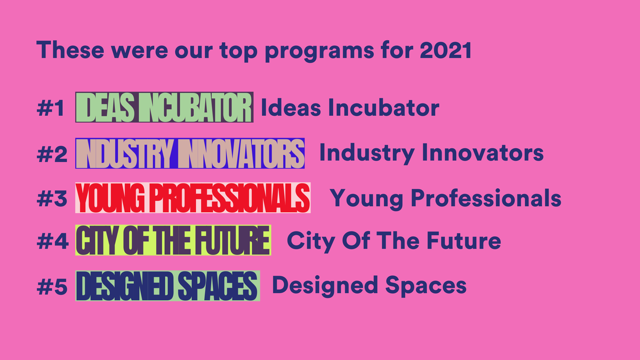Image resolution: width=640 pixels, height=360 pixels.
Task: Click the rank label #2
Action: click(52, 154)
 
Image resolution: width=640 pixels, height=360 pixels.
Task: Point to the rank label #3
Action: click(52, 198)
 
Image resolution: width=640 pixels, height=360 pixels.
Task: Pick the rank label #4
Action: click(52, 242)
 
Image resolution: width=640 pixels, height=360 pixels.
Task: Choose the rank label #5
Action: click(52, 286)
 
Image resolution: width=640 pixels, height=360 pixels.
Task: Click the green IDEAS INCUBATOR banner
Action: click(164, 108)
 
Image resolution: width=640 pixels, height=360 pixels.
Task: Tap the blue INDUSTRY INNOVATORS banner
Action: click(190, 154)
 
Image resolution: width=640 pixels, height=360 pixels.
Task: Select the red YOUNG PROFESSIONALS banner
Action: click(193, 198)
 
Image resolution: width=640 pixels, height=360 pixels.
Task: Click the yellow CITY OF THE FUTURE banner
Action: click(173, 241)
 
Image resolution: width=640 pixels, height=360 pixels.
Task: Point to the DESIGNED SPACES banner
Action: click(167, 286)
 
